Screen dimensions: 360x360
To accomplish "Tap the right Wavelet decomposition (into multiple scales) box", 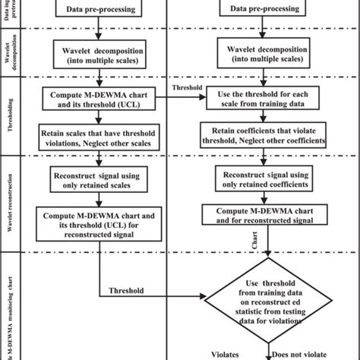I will [x=266, y=55].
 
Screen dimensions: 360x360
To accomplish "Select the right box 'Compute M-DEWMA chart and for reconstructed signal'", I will [x=266, y=214].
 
